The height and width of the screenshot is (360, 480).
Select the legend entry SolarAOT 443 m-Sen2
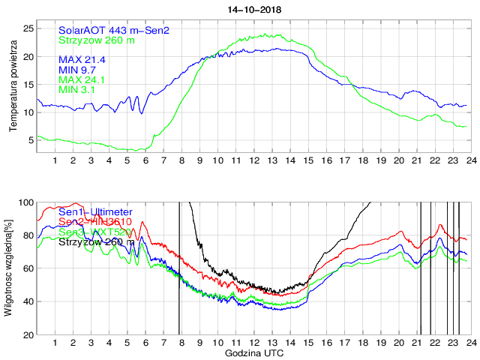click(x=113, y=30)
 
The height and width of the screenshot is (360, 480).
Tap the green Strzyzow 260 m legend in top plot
click(x=97, y=40)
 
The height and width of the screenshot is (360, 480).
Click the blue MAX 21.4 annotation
click(x=82, y=59)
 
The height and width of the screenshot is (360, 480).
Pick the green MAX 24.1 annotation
click(x=82, y=80)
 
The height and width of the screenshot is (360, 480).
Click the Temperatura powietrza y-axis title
click(x=13, y=87)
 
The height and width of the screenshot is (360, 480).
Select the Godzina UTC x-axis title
click(x=253, y=352)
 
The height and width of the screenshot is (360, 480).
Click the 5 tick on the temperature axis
click(x=30, y=140)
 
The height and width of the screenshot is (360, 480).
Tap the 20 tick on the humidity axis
click(x=27, y=334)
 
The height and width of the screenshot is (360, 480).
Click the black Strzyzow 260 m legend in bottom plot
click(x=97, y=242)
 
